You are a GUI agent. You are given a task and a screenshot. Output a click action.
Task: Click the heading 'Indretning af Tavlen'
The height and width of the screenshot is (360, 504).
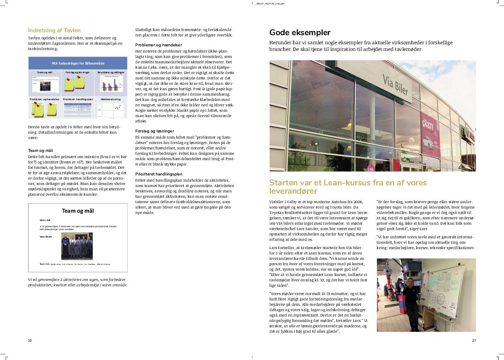pyautogui.click(x=54, y=30)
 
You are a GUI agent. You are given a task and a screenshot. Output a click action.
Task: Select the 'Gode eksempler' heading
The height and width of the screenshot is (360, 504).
pyautogui.click(x=300, y=33)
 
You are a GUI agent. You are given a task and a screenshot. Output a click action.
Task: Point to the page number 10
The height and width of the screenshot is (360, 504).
pyautogui.click(x=30, y=341)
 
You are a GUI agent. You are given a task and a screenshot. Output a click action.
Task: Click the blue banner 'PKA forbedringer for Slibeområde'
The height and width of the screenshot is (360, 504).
pyautogui.click(x=78, y=63)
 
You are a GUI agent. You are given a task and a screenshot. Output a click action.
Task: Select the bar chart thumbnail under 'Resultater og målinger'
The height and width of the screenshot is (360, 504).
pyautogui.click(x=112, y=84)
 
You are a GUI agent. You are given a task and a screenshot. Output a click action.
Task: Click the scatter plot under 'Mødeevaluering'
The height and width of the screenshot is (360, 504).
pyautogui.click(x=112, y=110)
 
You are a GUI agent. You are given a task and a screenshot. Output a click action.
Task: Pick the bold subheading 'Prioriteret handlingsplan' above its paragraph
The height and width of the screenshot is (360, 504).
pyautogui.click(x=159, y=174)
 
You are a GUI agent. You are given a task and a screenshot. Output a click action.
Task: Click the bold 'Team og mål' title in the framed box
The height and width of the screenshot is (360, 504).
pyautogui.click(x=78, y=211)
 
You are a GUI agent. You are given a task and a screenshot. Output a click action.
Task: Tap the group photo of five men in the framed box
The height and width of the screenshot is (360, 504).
pyautogui.click(x=77, y=246)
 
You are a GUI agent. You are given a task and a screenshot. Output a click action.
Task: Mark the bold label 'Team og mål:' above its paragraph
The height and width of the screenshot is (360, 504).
pyautogui.click(x=41, y=151)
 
